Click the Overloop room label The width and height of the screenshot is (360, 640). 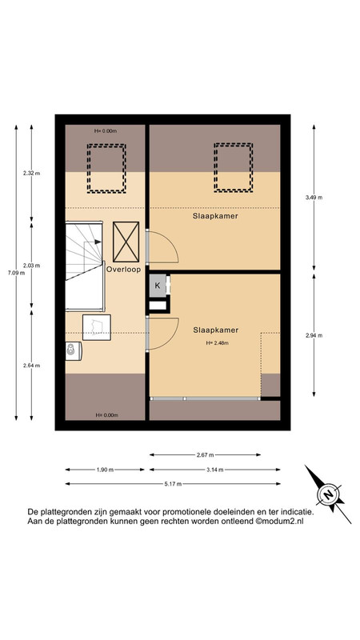click(124, 270)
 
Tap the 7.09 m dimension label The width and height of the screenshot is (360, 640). click(16, 273)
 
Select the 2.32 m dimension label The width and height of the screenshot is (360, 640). click(31, 173)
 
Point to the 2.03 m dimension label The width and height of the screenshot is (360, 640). click(31, 266)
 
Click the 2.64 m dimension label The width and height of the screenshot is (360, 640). click(31, 366)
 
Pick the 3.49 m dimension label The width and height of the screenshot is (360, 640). click(314, 197)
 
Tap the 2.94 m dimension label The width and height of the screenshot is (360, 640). click(314, 335)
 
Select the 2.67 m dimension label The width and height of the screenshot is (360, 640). click(205, 454)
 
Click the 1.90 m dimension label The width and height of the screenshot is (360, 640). click(105, 470)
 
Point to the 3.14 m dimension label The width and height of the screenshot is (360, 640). click(214, 470)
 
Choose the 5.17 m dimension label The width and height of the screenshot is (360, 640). click(173, 484)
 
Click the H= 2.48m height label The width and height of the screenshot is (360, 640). click(217, 343)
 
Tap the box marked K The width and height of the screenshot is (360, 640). click(158, 286)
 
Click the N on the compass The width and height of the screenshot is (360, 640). click(328, 495)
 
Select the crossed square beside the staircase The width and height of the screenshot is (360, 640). click(126, 242)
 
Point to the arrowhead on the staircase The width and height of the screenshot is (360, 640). click(98, 242)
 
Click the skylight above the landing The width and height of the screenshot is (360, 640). click(106, 168)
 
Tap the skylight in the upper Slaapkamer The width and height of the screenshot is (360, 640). click(233, 167)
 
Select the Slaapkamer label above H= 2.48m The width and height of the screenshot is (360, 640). click(215, 330)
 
